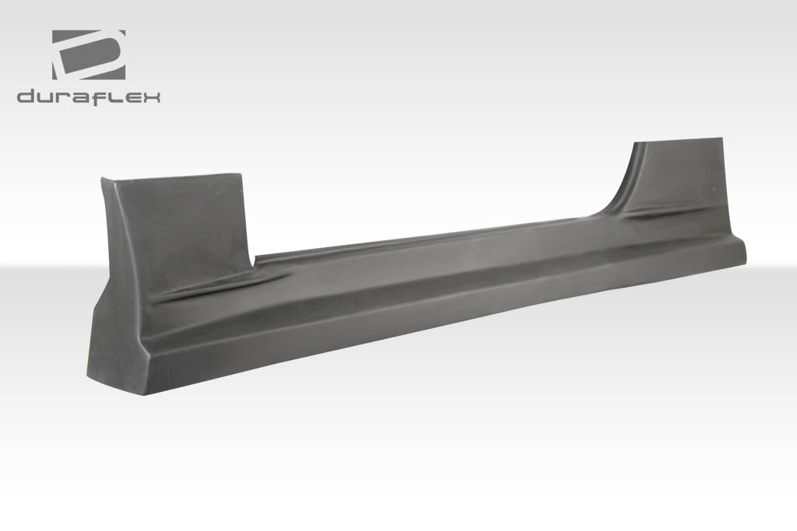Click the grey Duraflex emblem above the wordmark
(89, 54)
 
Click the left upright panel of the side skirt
(179, 225)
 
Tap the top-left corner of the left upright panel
(102, 179)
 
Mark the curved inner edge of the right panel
(619, 187)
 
